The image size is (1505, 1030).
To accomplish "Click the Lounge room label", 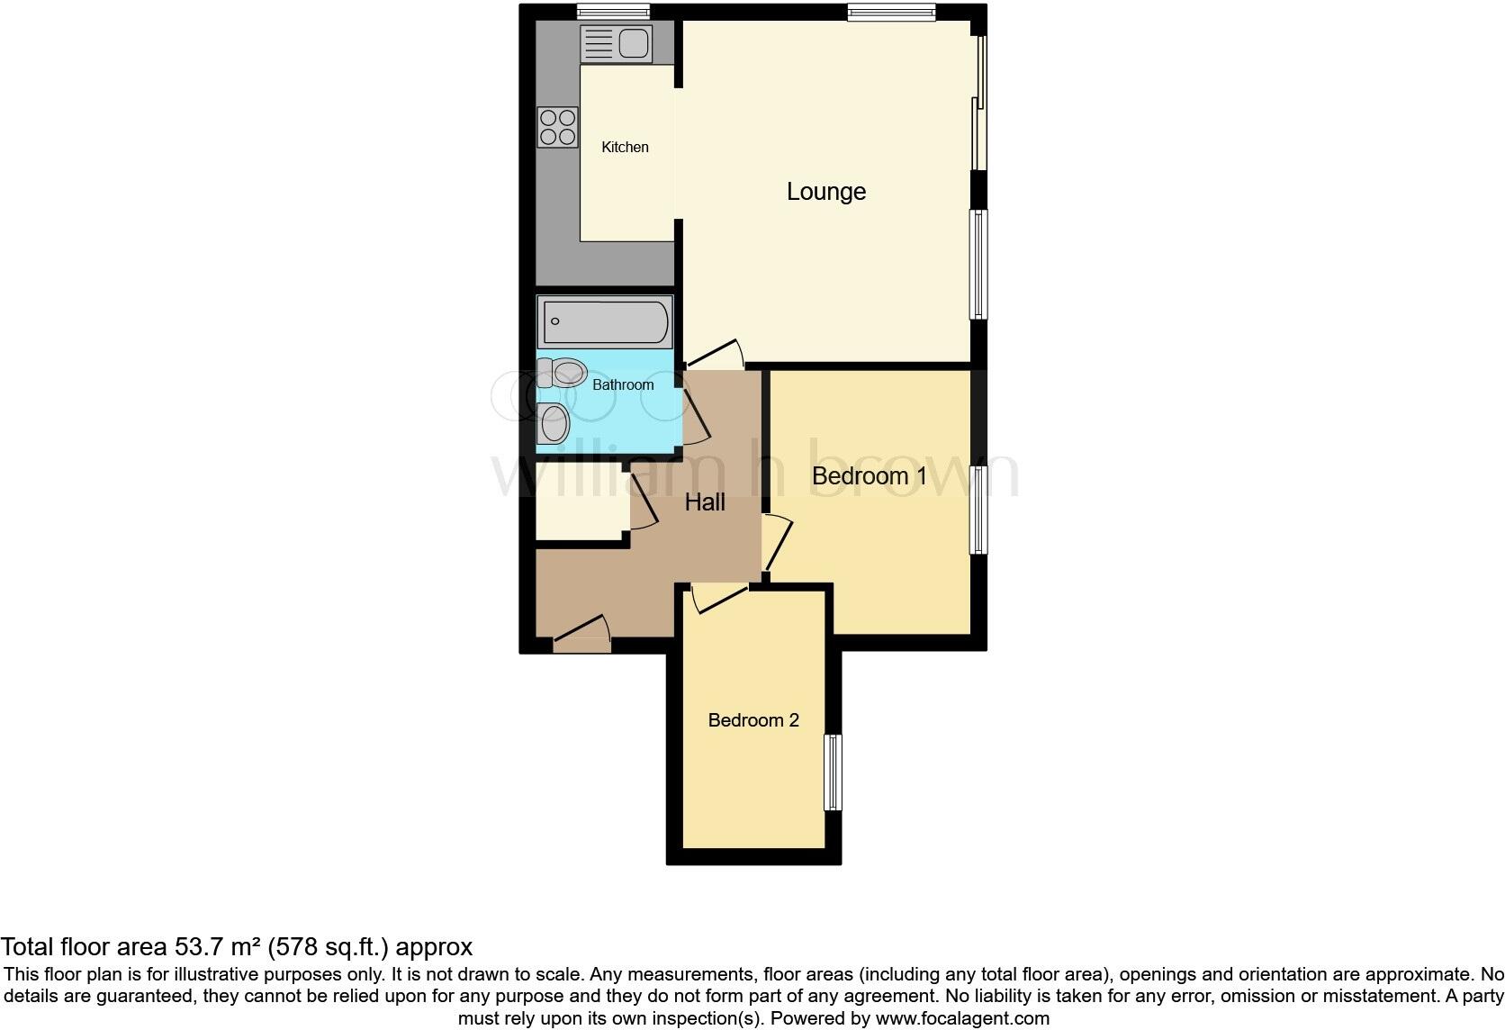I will click(825, 192).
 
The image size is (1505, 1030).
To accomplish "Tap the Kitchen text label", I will click(625, 147).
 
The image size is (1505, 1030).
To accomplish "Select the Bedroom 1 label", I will click(869, 476).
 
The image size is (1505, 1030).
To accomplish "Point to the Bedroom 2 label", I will click(753, 720).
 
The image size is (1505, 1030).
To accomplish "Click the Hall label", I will click(705, 502).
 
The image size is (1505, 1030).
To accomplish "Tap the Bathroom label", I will click(623, 385).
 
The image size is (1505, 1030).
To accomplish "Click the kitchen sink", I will click(616, 43).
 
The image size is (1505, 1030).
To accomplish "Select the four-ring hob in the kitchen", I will click(557, 127).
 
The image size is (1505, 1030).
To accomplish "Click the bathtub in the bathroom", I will click(604, 321).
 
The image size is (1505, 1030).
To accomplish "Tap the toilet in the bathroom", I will click(562, 373).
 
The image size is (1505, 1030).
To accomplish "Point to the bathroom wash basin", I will click(553, 422).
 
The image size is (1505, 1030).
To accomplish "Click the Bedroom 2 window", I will click(834, 772).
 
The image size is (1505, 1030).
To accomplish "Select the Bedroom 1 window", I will click(978, 509).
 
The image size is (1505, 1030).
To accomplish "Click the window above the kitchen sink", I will click(613, 12).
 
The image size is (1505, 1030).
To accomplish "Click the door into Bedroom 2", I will click(719, 598).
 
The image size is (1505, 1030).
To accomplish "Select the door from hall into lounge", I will click(716, 356).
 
